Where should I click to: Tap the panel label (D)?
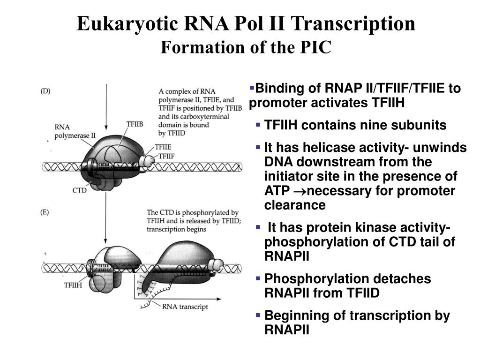[45, 91]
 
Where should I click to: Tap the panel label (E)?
[45, 212]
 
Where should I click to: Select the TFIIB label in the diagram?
[135, 124]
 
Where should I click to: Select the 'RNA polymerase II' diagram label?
[75, 132]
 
